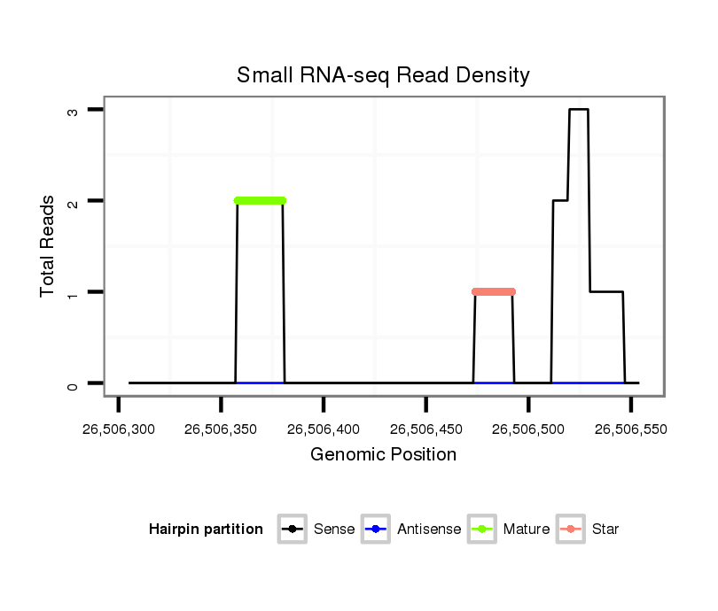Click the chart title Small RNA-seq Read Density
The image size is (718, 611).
pyautogui.click(x=383, y=75)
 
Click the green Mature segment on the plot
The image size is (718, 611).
pyautogui.click(x=260, y=201)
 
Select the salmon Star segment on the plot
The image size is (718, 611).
pyautogui.click(x=494, y=291)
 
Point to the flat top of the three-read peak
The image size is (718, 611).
pyautogui.click(x=579, y=109)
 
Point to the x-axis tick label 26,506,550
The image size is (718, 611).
pyautogui.click(x=631, y=430)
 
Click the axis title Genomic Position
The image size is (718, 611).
pyautogui.click(x=383, y=455)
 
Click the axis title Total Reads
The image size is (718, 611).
pyautogui.click(x=48, y=246)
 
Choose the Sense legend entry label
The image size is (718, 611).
pyautogui.click(x=334, y=530)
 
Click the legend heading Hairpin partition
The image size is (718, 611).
pyautogui.click(x=206, y=530)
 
